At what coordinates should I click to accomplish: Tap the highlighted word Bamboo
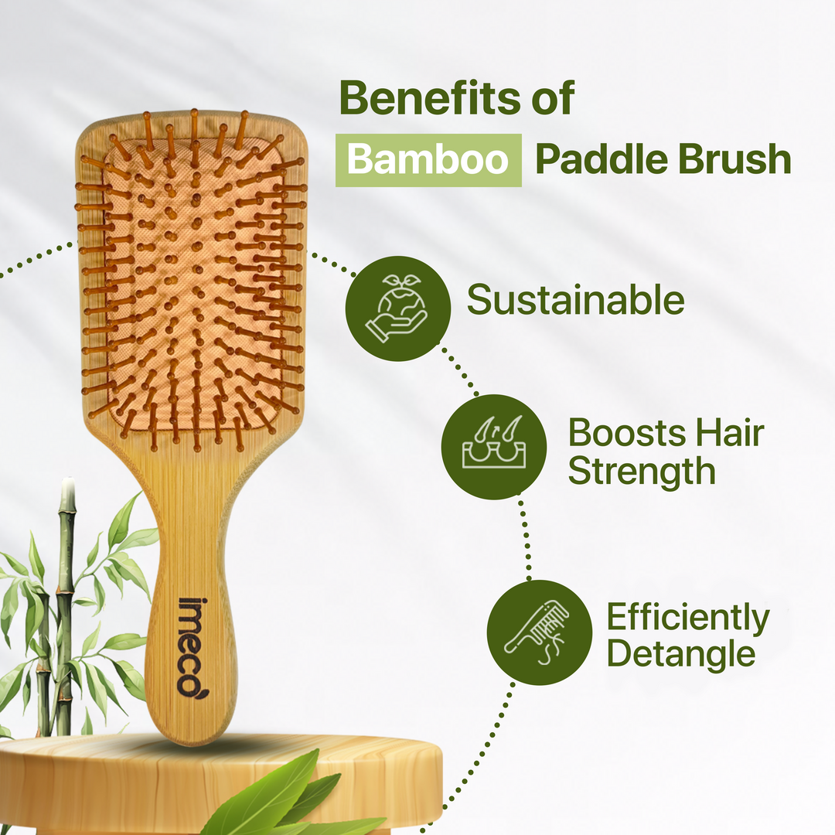coord(428,159)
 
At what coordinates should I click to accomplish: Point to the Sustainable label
coord(575,301)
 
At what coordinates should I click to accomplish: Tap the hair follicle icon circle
coord(493,447)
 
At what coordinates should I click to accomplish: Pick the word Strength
coord(642,471)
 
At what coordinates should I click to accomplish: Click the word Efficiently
coord(688,617)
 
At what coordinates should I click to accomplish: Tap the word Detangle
coord(680,653)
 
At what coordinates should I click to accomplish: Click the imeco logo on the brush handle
coord(188,645)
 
